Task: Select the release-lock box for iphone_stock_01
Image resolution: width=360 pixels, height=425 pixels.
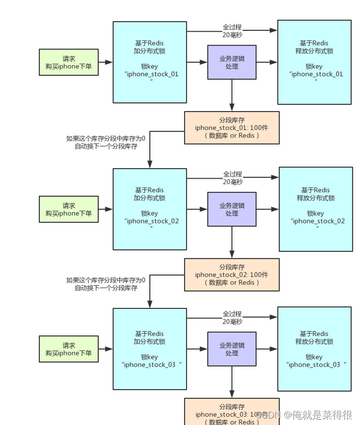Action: click(314, 62)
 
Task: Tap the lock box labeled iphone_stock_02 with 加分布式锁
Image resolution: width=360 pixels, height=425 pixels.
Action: click(150, 209)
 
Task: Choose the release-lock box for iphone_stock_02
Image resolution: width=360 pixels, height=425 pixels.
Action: click(316, 209)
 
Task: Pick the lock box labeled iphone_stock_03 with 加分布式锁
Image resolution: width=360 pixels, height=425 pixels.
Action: click(150, 349)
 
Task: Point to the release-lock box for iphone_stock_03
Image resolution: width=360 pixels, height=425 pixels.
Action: click(314, 349)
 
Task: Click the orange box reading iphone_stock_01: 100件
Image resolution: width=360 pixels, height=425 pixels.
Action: click(232, 128)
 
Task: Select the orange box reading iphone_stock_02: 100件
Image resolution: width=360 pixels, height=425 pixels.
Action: click(232, 275)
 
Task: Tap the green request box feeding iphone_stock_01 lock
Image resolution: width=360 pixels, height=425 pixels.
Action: click(69, 62)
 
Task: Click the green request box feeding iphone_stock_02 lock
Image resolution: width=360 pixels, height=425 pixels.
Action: click(69, 209)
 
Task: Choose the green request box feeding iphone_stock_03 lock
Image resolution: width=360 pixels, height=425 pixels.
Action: click(69, 349)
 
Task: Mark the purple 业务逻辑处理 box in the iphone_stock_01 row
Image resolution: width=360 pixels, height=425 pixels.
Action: click(232, 62)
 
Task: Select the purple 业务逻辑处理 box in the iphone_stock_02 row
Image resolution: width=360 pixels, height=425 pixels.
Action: click(232, 209)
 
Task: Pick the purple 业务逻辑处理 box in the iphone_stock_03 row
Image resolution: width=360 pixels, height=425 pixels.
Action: click(232, 349)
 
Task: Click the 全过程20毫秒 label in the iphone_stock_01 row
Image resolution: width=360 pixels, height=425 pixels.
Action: click(232, 31)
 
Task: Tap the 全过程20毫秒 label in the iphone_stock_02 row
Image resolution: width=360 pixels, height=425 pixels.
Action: click(232, 178)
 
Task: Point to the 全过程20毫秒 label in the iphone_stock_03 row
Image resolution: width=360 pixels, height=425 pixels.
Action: click(232, 317)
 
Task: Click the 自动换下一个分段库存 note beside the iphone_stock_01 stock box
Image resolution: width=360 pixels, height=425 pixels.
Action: click(106, 142)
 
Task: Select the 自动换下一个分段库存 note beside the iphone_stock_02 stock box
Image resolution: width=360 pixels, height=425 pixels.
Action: click(106, 284)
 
